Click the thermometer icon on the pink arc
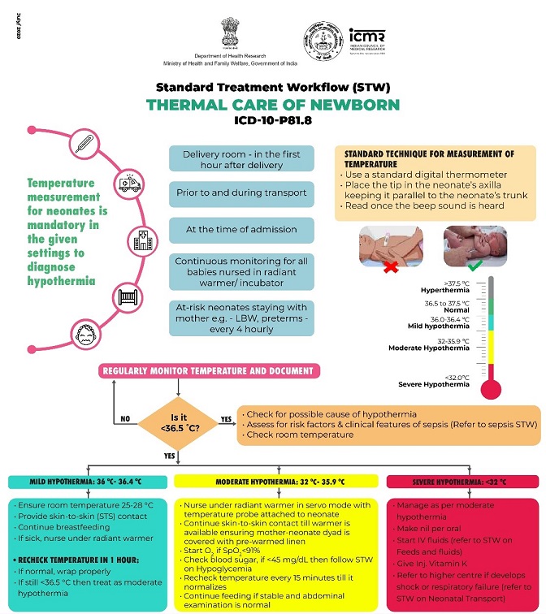(x=84, y=145)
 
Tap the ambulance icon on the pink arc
(x=129, y=184)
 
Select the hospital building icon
(x=143, y=241)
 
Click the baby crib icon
(x=128, y=297)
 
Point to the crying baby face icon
(x=86, y=334)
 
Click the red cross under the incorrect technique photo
(x=391, y=267)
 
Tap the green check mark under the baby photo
(x=475, y=266)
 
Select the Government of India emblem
(x=230, y=32)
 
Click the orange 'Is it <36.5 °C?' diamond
(x=179, y=423)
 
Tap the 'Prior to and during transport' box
(x=241, y=193)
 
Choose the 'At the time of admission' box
(x=241, y=230)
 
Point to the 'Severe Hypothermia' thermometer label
(x=434, y=384)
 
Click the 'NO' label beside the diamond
(x=125, y=418)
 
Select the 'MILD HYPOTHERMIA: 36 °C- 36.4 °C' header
(x=88, y=482)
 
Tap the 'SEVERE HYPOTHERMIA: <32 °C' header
(x=462, y=482)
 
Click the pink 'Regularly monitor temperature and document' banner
(x=209, y=371)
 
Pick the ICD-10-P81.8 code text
(x=273, y=120)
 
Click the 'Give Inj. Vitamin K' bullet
(x=430, y=564)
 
